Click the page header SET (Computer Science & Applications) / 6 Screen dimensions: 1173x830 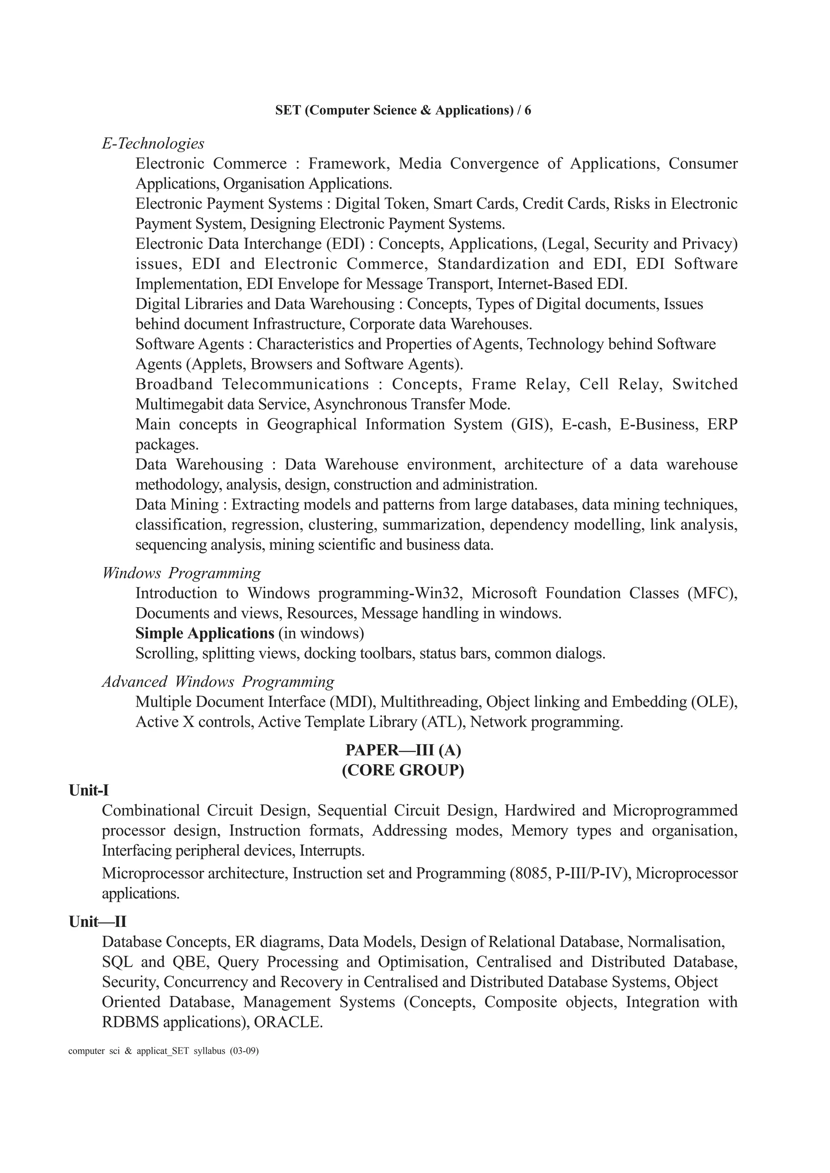click(403, 110)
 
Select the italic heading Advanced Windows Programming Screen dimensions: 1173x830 click(218, 682)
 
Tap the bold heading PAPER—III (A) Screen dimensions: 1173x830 click(403, 750)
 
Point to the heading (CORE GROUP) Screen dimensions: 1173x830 click(403, 770)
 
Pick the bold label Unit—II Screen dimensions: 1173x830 click(97, 922)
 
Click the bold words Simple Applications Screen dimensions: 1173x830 click(205, 633)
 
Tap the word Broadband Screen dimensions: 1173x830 click(174, 384)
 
